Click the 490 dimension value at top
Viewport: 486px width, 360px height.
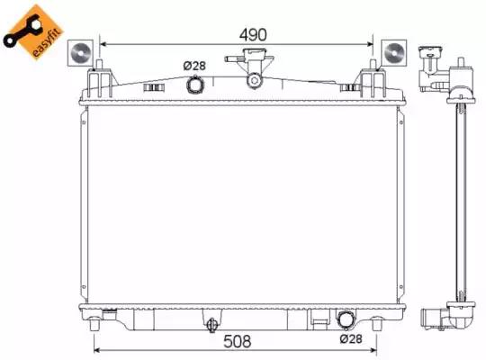click(253, 35)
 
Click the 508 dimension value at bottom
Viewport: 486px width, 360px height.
click(237, 341)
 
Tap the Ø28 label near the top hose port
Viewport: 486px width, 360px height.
click(194, 66)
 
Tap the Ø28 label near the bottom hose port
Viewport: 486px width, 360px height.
click(351, 339)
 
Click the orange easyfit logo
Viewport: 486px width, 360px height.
click(33, 31)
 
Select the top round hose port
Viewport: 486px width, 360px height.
click(194, 85)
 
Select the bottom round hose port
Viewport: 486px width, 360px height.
click(346, 319)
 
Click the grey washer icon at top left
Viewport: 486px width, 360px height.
click(80, 53)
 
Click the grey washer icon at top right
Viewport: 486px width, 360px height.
click(394, 53)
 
